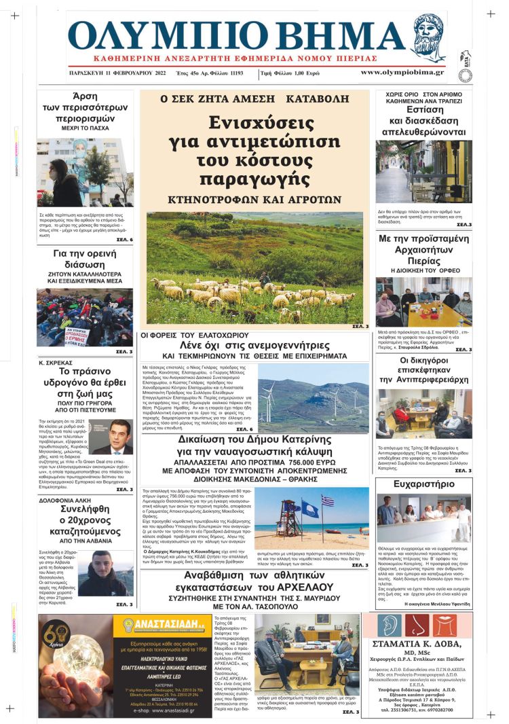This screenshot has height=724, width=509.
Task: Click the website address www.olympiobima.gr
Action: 402,72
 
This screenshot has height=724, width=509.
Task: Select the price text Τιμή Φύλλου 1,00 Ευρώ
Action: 301,72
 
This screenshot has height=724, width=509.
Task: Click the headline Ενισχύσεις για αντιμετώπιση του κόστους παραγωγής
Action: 254,150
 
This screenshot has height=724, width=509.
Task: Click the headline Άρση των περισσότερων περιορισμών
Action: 85,111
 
